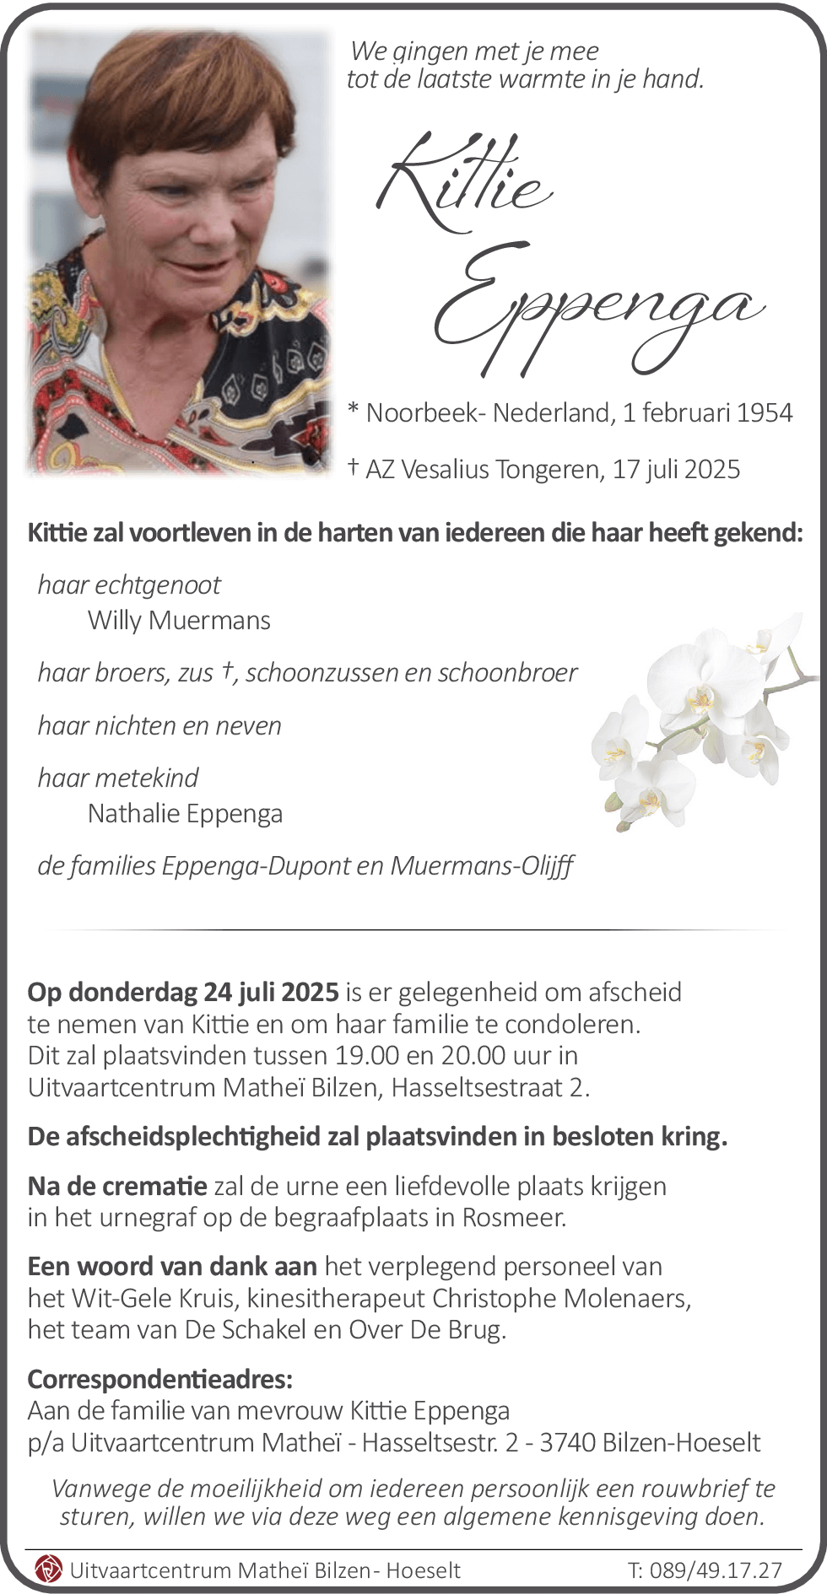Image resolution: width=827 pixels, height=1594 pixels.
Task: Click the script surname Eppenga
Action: tap(595, 308)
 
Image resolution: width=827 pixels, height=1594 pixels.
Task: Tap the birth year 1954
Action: tap(764, 412)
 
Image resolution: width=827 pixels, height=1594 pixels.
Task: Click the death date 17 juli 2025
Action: tap(676, 469)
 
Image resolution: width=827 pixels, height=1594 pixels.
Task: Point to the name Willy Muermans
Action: tap(179, 621)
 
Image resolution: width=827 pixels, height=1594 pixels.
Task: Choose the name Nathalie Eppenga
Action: tap(185, 814)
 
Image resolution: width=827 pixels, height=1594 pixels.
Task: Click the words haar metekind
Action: tap(118, 778)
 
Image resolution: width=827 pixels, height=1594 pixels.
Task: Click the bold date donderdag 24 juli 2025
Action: tap(203, 992)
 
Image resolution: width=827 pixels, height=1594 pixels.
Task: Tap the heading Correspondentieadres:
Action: tap(160, 1379)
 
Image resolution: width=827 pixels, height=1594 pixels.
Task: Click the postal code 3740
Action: tap(568, 1442)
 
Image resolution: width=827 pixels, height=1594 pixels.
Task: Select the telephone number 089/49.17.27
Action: tap(717, 1570)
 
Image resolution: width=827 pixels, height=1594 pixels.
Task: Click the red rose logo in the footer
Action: tap(48, 1570)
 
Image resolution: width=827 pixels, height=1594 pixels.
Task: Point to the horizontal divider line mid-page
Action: tap(413, 929)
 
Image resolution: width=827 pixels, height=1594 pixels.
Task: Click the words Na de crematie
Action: tap(117, 1186)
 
